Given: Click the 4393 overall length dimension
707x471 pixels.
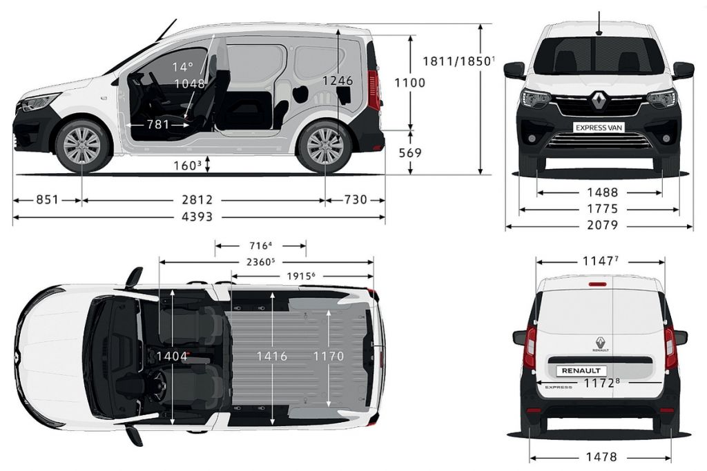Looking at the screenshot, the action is [197, 217].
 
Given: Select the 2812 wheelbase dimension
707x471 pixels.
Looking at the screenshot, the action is [197, 199].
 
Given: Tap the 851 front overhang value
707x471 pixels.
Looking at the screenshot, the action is [48, 199].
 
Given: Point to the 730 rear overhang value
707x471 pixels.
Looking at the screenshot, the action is [356, 199].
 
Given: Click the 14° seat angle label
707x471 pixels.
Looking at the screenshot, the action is [182, 67].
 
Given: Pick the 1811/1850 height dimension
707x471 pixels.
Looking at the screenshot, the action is [458, 61].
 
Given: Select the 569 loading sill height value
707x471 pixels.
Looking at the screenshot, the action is [410, 153].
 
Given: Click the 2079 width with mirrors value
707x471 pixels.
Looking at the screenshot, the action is [602, 225].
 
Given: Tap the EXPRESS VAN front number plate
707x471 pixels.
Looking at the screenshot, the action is [599, 128].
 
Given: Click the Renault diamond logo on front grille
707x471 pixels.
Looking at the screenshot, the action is [599, 101].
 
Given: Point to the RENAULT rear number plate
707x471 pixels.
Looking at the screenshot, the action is [581, 370].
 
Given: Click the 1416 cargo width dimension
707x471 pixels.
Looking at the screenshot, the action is [272, 356].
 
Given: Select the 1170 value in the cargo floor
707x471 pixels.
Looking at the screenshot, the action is [329, 356].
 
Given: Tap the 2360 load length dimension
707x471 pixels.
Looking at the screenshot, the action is [260, 261].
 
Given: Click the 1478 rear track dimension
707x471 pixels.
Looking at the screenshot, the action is [601, 457].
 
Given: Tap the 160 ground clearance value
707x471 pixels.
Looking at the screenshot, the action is [187, 166].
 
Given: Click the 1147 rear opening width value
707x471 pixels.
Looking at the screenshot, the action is [600, 261].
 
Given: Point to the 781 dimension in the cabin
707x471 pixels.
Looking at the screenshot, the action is [158, 124].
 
